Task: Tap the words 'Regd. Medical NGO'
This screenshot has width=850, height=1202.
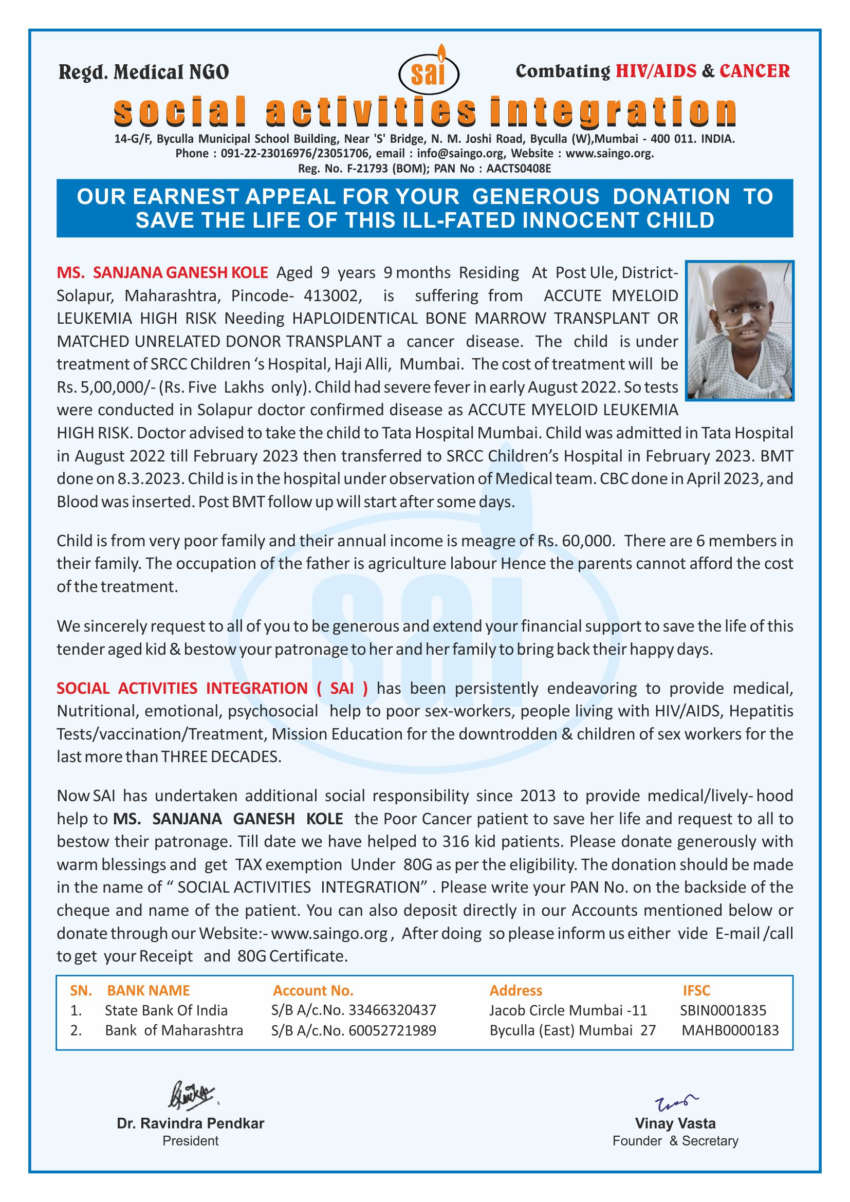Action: pos(143,72)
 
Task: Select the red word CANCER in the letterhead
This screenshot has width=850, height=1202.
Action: pos(754,71)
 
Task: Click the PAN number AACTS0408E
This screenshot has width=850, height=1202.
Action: pos(519,169)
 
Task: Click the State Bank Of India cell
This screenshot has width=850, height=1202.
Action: pos(166,1010)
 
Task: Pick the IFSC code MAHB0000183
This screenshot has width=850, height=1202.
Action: pos(730,1030)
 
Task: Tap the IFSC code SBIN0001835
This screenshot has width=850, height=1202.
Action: pos(723,1010)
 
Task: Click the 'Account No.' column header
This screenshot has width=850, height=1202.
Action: pos(313,990)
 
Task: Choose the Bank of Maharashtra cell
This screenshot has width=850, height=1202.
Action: pos(174,1030)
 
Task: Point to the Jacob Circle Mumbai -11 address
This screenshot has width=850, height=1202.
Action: pos(568,1010)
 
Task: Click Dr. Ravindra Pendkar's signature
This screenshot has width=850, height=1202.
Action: pos(192,1095)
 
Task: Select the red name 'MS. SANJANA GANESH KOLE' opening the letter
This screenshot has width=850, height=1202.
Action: pos(162,273)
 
